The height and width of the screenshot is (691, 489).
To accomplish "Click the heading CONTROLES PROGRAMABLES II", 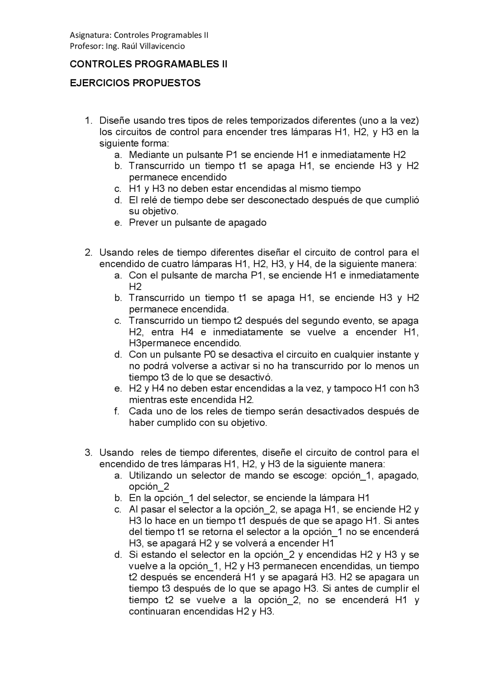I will [148, 64].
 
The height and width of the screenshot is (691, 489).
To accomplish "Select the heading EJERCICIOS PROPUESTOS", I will [135, 83].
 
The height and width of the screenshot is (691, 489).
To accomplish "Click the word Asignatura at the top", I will [91, 35].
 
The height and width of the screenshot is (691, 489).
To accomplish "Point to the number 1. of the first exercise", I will [88, 121].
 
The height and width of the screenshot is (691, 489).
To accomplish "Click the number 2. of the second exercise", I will [88, 253].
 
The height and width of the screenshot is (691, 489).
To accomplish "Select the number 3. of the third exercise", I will [88, 453].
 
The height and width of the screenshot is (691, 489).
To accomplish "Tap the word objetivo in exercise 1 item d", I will [160, 211].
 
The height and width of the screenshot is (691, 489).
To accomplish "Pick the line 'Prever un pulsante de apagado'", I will [198, 222].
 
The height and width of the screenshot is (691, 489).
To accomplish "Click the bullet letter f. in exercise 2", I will [117, 411].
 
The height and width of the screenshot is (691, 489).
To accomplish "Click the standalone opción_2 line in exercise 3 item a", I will [149, 486].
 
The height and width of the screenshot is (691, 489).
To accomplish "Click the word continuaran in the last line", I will [155, 611].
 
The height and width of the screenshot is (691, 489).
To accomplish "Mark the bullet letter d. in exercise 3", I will [118, 554].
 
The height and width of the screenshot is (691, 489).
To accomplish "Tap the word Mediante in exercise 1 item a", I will [149, 155].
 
